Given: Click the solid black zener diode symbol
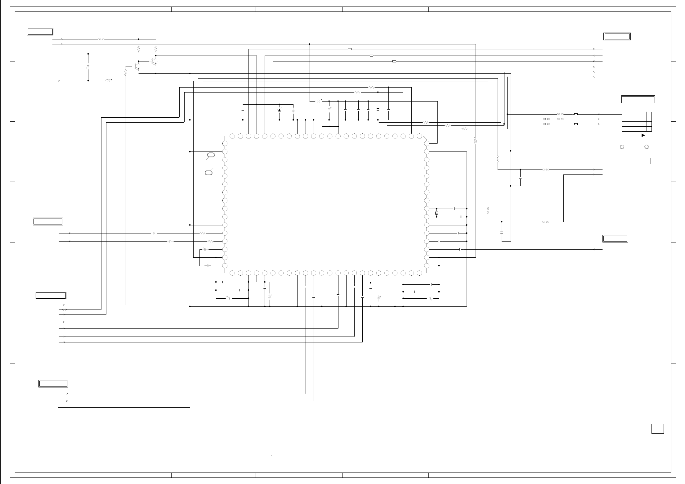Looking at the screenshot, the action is pyautogui.click(x=279, y=110).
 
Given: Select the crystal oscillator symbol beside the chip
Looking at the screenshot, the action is pyautogui.click(x=437, y=213).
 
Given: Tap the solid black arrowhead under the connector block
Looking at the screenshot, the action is pyautogui.click(x=643, y=135).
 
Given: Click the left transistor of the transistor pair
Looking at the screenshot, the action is pyautogui.click(x=137, y=66).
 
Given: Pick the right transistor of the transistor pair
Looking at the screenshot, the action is pyautogui.click(x=154, y=61).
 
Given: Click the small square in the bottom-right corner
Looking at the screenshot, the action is pyautogui.click(x=657, y=428).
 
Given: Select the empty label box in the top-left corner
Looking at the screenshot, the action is pyautogui.click(x=40, y=32).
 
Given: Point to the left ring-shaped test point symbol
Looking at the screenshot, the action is pyautogui.click(x=622, y=147).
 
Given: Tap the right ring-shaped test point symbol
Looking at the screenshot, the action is pyautogui.click(x=647, y=147).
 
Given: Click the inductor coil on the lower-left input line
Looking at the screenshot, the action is pyautogui.click(x=108, y=81).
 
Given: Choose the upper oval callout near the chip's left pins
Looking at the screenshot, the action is pyautogui.click(x=211, y=155).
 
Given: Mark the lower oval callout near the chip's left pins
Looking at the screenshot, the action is pyautogui.click(x=209, y=172).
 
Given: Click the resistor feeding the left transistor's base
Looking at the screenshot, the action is pyautogui.click(x=126, y=72).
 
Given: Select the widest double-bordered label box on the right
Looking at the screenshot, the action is pyautogui.click(x=626, y=161).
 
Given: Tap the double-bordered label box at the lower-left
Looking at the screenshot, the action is pyautogui.click(x=53, y=383).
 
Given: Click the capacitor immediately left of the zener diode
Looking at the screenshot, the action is pyautogui.click(x=243, y=111).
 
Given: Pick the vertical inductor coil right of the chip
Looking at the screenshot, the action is pyautogui.click(x=476, y=141).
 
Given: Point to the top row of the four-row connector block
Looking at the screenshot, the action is pyautogui.click(x=634, y=114).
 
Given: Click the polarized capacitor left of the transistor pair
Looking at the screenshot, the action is pyautogui.click(x=88, y=67).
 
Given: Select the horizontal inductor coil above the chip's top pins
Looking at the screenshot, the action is pyautogui.click(x=318, y=101).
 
